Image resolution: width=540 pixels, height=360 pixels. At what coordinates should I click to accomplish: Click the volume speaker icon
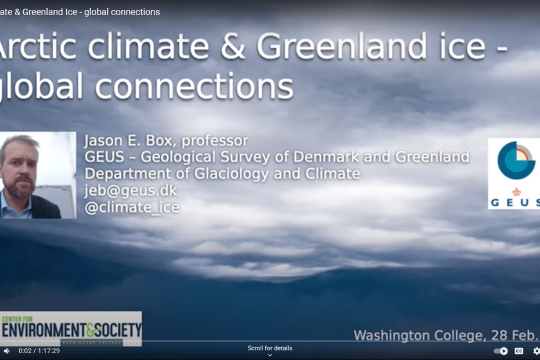(6, 351)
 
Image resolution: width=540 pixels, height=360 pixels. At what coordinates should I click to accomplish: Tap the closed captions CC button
(519, 351)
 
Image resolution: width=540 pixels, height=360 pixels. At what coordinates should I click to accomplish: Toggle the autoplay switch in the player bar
(501, 351)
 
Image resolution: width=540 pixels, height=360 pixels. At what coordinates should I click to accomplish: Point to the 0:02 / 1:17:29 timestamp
(39, 351)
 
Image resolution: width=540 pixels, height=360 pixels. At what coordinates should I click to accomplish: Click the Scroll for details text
(270, 348)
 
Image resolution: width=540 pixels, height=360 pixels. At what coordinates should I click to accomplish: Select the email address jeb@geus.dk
(131, 190)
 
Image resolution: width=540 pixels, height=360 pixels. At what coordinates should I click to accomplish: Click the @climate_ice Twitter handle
(132, 207)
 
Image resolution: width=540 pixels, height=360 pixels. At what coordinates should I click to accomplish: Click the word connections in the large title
(194, 87)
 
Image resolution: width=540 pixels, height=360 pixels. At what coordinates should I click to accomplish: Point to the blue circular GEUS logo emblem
(516, 160)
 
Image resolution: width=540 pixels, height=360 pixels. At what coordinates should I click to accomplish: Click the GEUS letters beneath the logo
(515, 202)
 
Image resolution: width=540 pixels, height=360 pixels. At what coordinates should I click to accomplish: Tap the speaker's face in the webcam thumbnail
(20, 169)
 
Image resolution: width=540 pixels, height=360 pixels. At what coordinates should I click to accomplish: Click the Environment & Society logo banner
(71, 329)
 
